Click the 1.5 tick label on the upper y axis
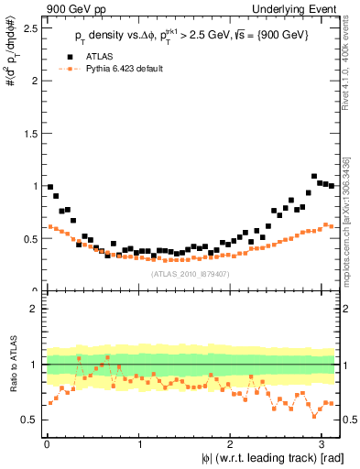point(29,133)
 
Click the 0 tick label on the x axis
point(47,443)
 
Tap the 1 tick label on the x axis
point(138,443)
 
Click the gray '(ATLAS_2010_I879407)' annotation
point(191,273)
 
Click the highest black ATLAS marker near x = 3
point(314,176)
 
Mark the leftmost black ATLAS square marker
point(50,187)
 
